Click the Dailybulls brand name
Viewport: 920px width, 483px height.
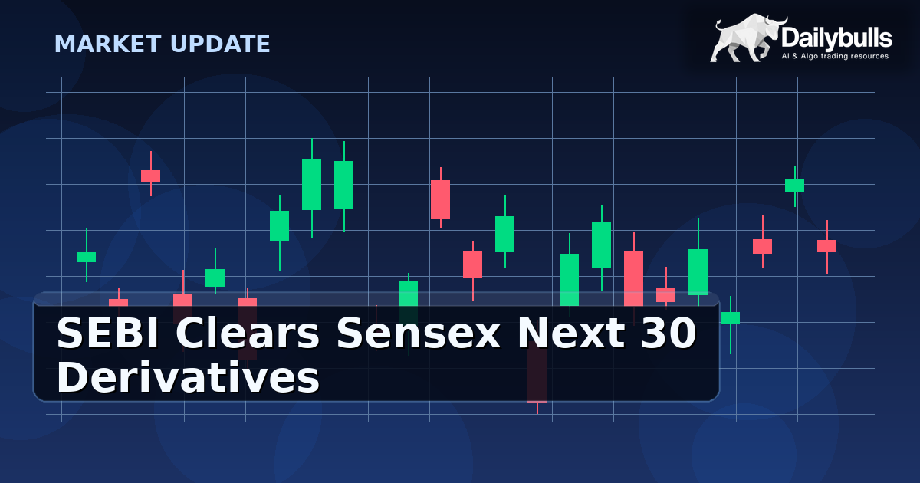836,37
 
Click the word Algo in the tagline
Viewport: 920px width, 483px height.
813,56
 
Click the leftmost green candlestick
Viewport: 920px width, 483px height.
86,257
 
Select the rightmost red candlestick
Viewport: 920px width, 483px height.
826,246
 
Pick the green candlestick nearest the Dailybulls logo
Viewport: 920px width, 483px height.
794,185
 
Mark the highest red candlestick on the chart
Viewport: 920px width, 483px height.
150,176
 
